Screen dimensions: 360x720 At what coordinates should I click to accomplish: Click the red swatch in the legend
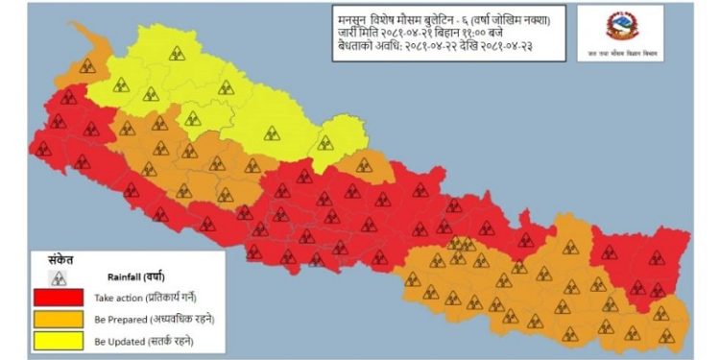pyautogui.click(x=60, y=297)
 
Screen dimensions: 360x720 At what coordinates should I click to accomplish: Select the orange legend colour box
pyautogui.click(x=60, y=318)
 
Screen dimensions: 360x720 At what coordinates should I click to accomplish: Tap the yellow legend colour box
pyautogui.click(x=60, y=340)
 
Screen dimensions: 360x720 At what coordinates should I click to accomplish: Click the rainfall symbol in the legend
pyautogui.click(x=60, y=276)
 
